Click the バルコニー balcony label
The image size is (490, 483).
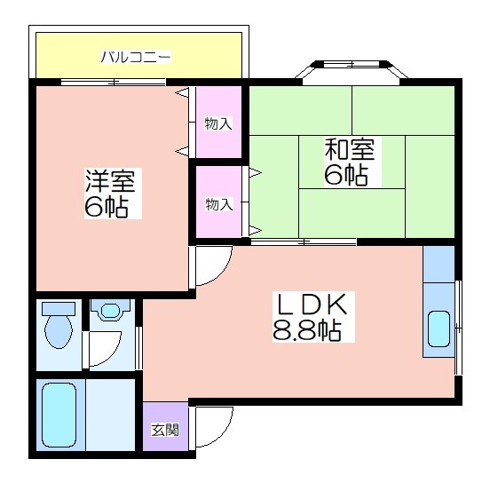pyautogui.click(x=136, y=57)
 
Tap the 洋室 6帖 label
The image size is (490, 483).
pyautogui.click(x=110, y=194)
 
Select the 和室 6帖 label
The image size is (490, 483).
pyautogui.click(x=350, y=162)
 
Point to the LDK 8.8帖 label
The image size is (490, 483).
pyautogui.click(x=310, y=316)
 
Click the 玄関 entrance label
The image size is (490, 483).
pyautogui.click(x=165, y=430)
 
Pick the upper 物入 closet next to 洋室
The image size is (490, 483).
pyautogui.click(x=218, y=123)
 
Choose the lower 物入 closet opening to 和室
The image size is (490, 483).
pyautogui.click(x=218, y=202)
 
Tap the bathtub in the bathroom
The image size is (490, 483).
pyautogui.click(x=59, y=415)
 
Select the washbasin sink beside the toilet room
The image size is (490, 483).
pyautogui.click(x=111, y=310)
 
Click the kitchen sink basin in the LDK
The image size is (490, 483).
pyautogui.click(x=439, y=329)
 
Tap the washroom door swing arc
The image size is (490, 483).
pyautogui.click(x=112, y=355)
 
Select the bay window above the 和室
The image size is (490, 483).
pyautogui.click(x=352, y=69)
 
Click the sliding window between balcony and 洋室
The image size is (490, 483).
pyautogui.click(x=113, y=83)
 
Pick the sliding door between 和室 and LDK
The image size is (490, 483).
pyautogui.click(x=304, y=241)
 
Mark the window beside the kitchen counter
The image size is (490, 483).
pyautogui.click(x=458, y=328)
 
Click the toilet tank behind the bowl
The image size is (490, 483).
pyautogui.click(x=59, y=308)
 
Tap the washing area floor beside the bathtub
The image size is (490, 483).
pyautogui.click(x=110, y=415)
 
